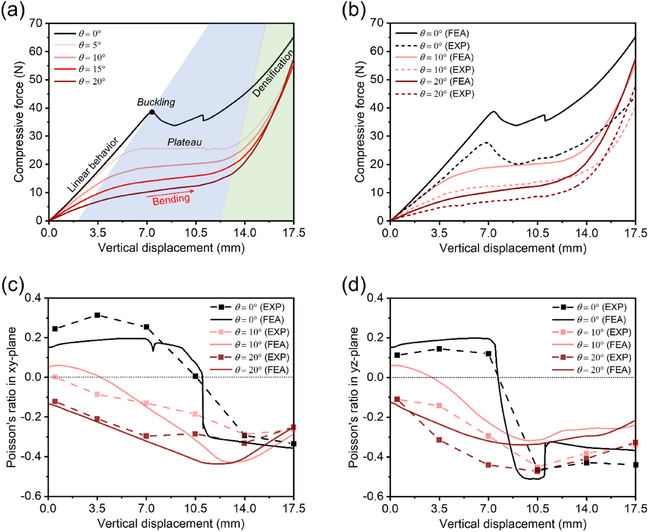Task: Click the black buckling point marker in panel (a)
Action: click(152, 112)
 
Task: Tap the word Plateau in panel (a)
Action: click(185, 142)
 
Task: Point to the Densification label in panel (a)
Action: click(273, 73)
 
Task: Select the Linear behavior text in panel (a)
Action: click(93, 164)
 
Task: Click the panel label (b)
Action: click(353, 11)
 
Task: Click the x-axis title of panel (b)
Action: click(513, 248)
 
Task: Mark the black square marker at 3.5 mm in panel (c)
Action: click(97, 315)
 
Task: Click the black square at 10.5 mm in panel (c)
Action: click(195, 376)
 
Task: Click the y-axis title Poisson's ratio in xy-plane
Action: click(12, 397)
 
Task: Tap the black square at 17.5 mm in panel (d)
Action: click(636, 465)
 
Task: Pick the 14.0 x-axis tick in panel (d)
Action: click(586, 508)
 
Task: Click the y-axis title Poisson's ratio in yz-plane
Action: click(353, 397)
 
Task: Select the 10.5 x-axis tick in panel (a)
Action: click(195, 233)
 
